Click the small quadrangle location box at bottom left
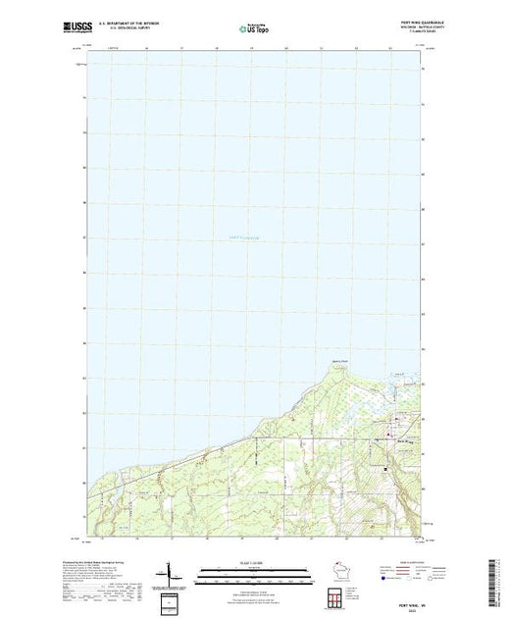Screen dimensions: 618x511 pyautogui.click(x=172, y=599)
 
